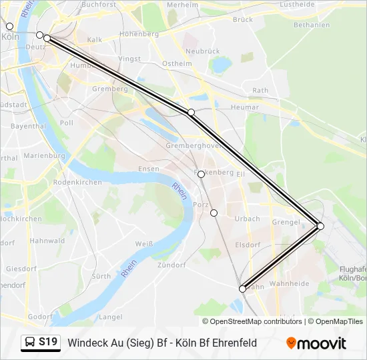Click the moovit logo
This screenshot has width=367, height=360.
[316, 343]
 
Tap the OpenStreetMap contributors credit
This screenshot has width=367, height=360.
[256, 321]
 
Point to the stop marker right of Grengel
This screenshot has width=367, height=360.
[320, 227]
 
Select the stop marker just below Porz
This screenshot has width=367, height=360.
[214, 213]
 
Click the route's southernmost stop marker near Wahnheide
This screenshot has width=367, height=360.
[242, 289]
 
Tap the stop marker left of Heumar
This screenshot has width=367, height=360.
[191, 112]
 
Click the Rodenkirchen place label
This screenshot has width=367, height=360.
[77, 182]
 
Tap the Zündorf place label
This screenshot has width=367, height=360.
[170, 265]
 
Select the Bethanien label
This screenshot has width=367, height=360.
[312, 25]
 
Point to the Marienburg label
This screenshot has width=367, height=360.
[43, 155]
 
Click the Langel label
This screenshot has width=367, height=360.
[110, 317]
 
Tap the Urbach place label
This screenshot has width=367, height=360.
[248, 219]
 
